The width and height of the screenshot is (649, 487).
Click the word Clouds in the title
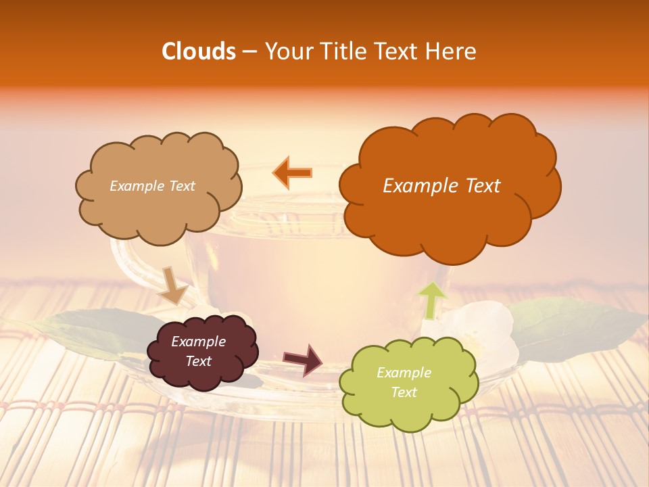pyautogui.click(x=198, y=51)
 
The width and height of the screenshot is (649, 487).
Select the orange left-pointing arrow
pyautogui.click(x=292, y=173)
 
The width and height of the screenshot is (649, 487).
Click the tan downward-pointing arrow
pyautogui.click(x=173, y=285)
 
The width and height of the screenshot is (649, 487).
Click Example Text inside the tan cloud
pyautogui.click(x=152, y=186)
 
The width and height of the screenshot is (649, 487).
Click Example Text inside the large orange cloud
pyautogui.click(x=441, y=186)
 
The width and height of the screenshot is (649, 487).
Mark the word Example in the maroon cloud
pyautogui.click(x=198, y=342)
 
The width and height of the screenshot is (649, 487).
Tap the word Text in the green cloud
pyautogui.click(x=404, y=392)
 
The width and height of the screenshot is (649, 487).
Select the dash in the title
pyautogui.click(x=249, y=52)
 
